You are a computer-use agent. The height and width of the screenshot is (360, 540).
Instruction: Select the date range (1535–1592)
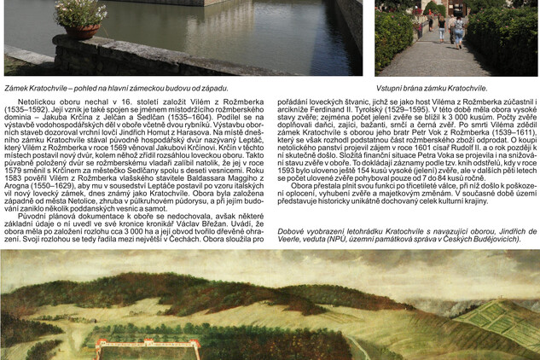26,110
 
